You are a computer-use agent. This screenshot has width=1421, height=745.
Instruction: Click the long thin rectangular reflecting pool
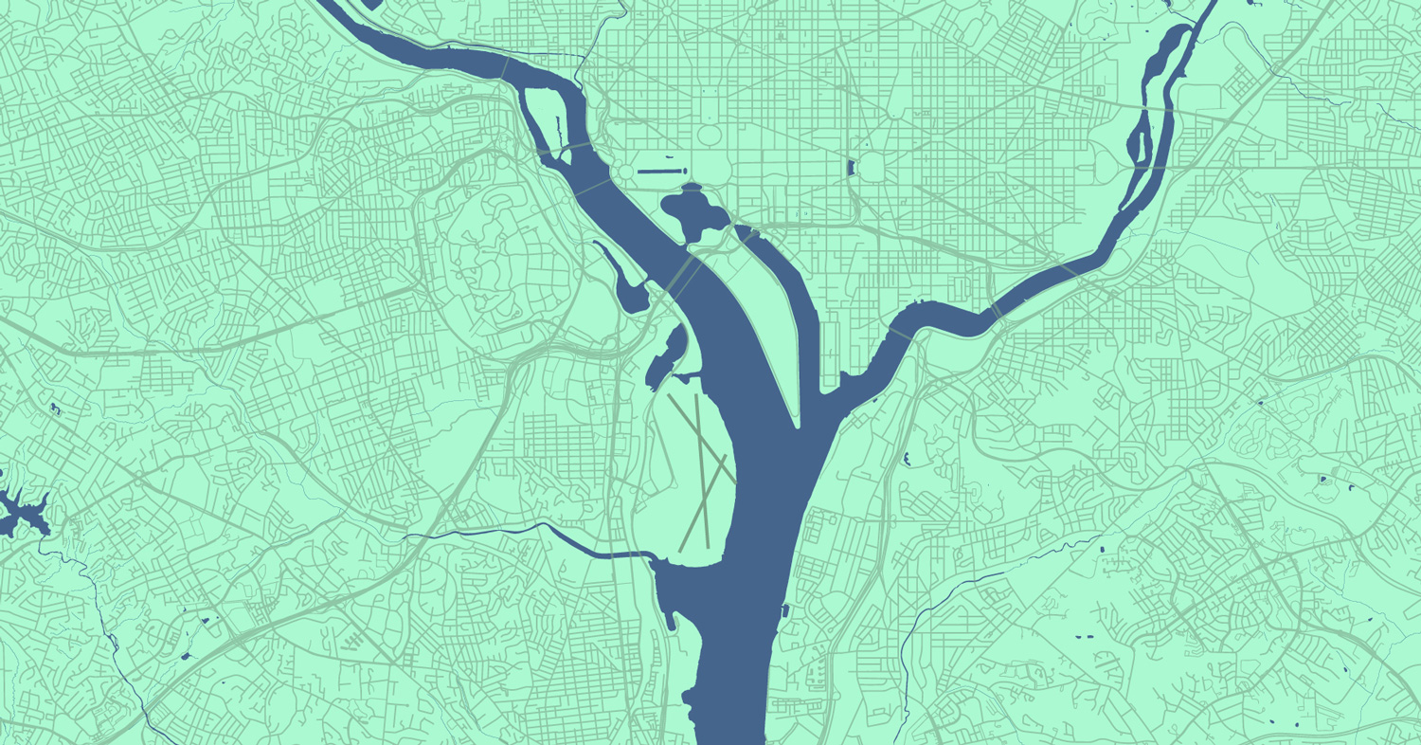660,172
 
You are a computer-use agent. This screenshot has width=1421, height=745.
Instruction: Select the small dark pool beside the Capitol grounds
850,169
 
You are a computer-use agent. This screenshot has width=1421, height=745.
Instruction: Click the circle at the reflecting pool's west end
626,173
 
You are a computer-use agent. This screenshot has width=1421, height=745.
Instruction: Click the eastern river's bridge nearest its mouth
995,311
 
